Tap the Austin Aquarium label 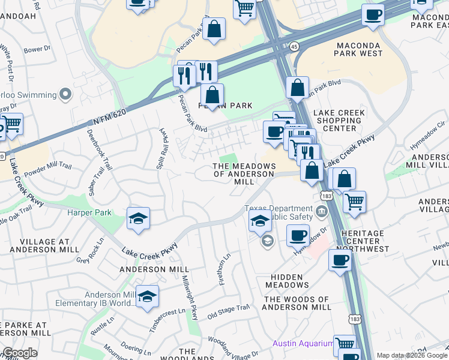(x=303, y=343)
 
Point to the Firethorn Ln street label (x=224, y=269)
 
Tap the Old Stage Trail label (x=228, y=311)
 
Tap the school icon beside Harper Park (x=138, y=219)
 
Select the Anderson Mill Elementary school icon (x=147, y=296)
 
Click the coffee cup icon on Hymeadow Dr (x=298, y=235)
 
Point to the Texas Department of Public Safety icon (x=322, y=212)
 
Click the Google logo (x=20, y=353)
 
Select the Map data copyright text (x=412, y=355)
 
